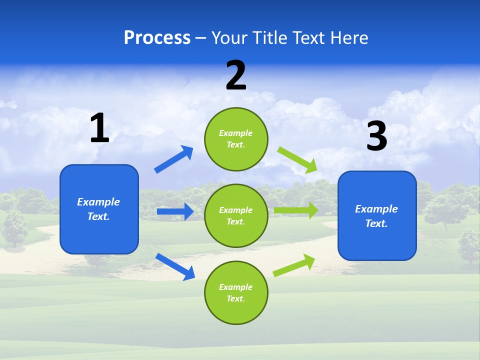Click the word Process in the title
(x=157, y=38)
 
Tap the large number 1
(x=99, y=128)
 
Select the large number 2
(x=236, y=75)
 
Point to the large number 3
(x=376, y=136)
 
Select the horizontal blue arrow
(x=175, y=211)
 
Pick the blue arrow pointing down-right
(x=175, y=266)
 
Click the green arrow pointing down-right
(x=297, y=160)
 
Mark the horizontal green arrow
(x=296, y=210)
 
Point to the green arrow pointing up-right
(x=294, y=265)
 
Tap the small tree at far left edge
(x=14, y=227)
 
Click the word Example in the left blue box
(x=98, y=202)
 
